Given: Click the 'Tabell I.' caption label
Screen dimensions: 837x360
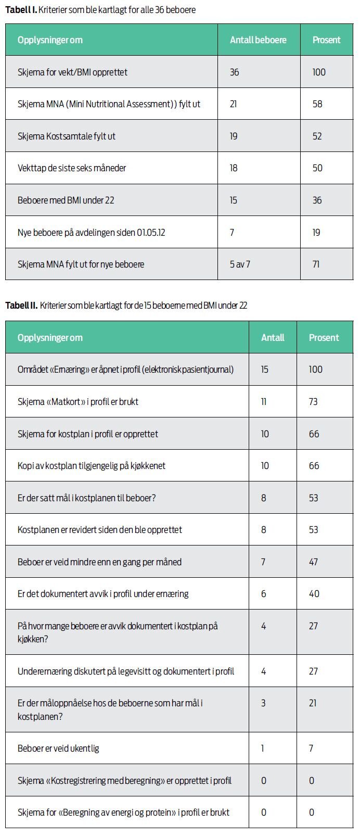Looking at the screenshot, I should [x=21, y=10].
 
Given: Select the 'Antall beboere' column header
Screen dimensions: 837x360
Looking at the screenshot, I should [x=258, y=40].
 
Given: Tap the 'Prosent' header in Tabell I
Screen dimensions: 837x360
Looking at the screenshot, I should [x=326, y=40].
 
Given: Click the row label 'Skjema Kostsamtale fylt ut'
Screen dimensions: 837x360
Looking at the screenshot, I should [x=67, y=136].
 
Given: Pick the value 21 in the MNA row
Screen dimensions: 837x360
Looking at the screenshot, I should [x=234, y=104].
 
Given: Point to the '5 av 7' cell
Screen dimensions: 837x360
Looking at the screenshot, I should [x=240, y=264].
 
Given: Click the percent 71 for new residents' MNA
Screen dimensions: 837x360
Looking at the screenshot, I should [x=316, y=264].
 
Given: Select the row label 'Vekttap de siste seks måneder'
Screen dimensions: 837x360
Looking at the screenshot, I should [x=72, y=168].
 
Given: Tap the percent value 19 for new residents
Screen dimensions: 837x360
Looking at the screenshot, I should [x=316, y=233].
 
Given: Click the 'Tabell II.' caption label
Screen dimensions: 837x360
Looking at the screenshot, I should [x=21, y=306].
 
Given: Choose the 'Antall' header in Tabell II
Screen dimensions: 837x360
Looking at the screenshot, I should [x=273, y=338].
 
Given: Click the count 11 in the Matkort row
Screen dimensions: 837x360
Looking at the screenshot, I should [x=264, y=402].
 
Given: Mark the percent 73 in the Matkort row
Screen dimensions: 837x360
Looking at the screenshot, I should [x=313, y=402].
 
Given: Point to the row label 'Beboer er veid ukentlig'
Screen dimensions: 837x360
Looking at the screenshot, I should [x=58, y=749].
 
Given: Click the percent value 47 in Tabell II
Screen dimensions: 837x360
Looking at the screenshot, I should [x=313, y=562].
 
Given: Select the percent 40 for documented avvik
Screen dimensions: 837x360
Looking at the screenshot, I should [x=314, y=594].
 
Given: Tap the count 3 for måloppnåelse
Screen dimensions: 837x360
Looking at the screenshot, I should [x=263, y=703].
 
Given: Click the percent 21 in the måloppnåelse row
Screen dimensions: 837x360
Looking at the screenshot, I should [x=313, y=703].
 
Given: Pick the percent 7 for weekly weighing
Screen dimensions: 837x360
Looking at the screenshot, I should [x=311, y=749].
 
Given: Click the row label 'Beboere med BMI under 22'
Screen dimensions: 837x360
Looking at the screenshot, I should [x=66, y=200].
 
